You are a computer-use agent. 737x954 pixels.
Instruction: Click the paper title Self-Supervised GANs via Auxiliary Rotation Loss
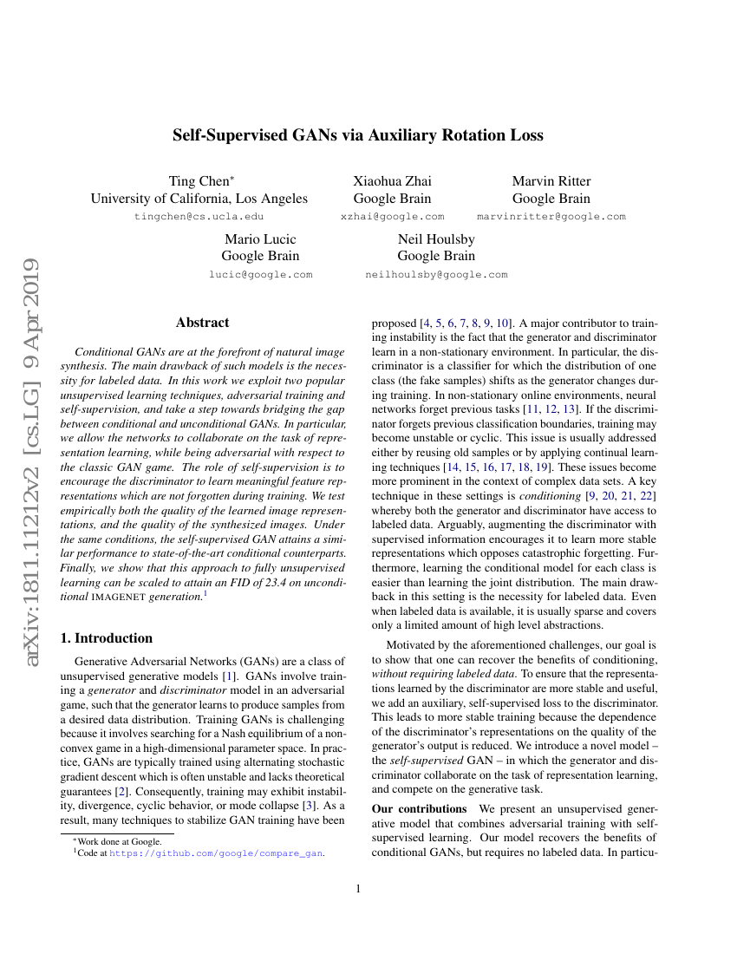coord(358,135)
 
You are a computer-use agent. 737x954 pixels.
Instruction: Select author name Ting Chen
coord(199,181)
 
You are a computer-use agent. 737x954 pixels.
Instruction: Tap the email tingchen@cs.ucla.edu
coord(199,217)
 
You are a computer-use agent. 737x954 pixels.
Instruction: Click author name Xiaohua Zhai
coord(392,181)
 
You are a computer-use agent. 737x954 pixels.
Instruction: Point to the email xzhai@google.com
coord(392,217)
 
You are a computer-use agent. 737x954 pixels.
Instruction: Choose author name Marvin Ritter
coord(551,181)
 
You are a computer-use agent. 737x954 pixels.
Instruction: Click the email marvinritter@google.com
coord(551,217)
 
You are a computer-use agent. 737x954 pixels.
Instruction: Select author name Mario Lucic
coord(260,239)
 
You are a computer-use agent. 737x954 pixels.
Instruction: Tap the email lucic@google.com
coord(260,275)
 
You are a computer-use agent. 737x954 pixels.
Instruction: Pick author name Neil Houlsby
coord(436,239)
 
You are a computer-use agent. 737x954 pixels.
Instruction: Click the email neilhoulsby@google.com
coord(436,275)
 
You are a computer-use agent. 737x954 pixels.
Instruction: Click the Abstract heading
coord(202,323)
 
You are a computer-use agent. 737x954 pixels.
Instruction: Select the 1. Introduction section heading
coord(105,638)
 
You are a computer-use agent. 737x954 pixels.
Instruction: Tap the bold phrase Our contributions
coord(419,809)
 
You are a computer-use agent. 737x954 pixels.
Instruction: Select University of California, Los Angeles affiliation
coord(199,199)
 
